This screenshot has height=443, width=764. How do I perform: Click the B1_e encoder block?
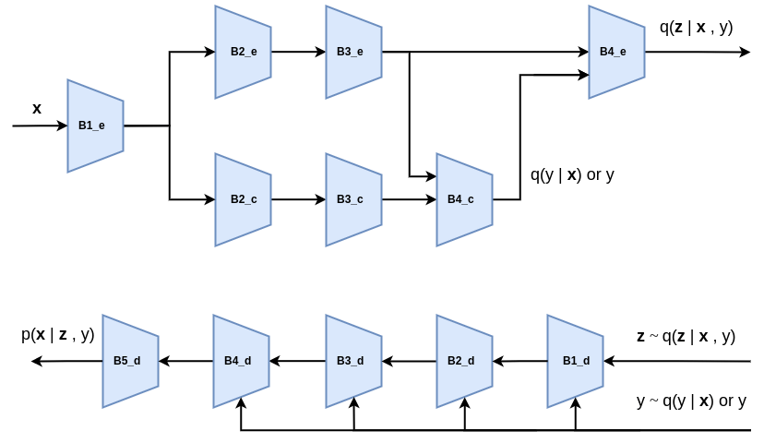[x=95, y=126]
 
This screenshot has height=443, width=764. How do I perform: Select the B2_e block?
[x=243, y=52]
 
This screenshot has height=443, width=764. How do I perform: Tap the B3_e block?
[x=353, y=52]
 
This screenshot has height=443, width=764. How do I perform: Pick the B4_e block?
[x=616, y=52]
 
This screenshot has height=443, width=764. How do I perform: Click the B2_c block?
[x=243, y=199]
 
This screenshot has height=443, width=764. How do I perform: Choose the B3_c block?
[x=353, y=199]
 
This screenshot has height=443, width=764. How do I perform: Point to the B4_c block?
[x=464, y=199]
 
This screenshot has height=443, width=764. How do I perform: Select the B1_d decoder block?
[x=575, y=361]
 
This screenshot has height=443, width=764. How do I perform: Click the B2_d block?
[x=464, y=361]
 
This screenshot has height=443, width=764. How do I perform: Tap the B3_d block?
[x=353, y=361]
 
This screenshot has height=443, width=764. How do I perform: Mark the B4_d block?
[x=241, y=361]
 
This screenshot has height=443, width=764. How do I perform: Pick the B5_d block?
[x=130, y=361]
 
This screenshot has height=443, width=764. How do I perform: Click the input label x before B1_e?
[x=37, y=109]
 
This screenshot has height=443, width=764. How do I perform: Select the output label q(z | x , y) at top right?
[x=696, y=27]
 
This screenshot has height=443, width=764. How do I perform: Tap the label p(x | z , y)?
[x=57, y=335]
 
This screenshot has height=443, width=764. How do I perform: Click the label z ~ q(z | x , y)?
[x=686, y=336]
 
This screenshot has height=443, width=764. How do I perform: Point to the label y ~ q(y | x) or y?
[x=691, y=401]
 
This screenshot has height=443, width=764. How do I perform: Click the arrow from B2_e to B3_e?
[x=298, y=52]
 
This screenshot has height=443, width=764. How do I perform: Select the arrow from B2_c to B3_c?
[x=298, y=199]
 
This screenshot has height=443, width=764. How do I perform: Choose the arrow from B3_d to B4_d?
[x=297, y=361]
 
